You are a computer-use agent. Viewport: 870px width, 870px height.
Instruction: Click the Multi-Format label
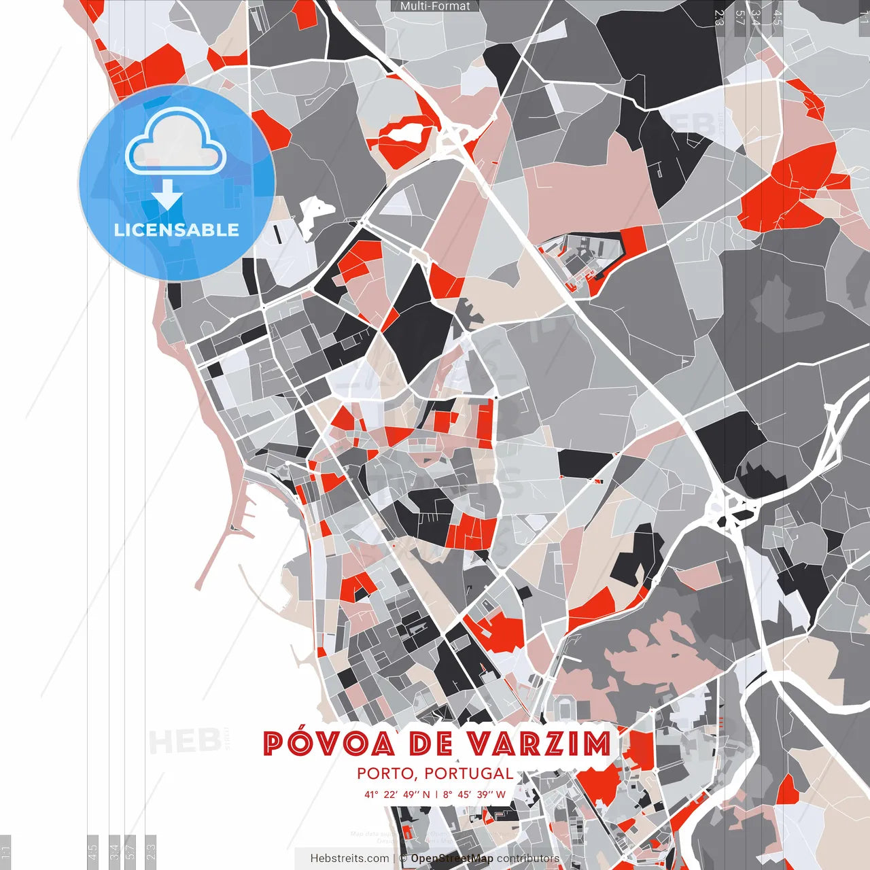tap(435, 6)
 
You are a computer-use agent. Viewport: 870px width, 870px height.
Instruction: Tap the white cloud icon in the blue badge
tap(176, 143)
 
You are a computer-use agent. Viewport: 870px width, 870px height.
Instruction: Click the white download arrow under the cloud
tap(167, 195)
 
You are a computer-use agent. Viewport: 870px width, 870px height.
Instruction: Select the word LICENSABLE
tap(177, 230)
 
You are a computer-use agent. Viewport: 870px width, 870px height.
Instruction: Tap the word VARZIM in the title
tap(540, 744)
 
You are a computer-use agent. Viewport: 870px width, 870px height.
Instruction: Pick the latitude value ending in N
tap(397, 795)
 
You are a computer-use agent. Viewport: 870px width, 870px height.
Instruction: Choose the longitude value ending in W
tap(474, 795)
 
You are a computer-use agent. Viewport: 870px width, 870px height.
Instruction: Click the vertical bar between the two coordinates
tap(436, 795)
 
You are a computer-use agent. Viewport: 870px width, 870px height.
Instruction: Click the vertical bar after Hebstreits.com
tap(394, 859)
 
